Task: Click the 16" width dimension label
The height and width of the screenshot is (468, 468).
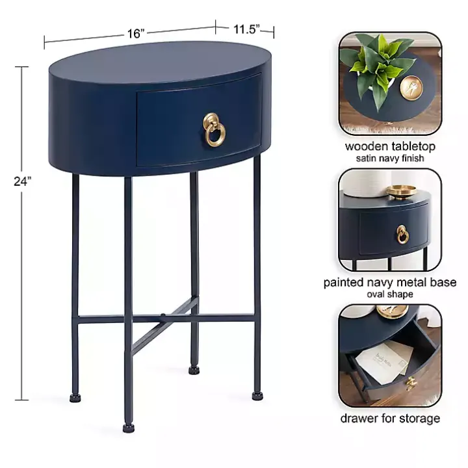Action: point(135,34)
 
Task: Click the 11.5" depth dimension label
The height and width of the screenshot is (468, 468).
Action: point(246,28)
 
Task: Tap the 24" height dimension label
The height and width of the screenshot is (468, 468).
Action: point(22,182)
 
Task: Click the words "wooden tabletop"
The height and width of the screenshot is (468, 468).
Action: point(390,146)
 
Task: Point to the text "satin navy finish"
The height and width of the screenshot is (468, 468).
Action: point(390,158)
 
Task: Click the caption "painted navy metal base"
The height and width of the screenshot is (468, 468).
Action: point(390,283)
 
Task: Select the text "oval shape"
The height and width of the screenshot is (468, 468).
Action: point(390,294)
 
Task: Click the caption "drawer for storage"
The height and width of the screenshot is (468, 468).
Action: point(390,418)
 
